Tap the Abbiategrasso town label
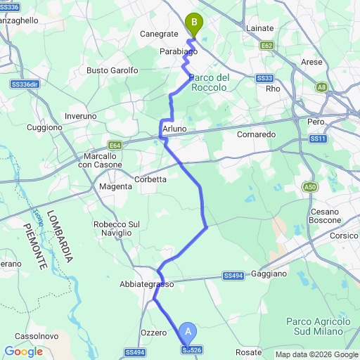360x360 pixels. coord(147,284)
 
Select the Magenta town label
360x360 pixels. coord(115,186)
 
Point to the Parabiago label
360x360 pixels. coord(178,52)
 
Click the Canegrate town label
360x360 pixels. coord(159,33)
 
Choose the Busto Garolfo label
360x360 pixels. coord(112,70)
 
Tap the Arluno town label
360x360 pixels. coord(174,129)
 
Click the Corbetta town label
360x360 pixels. coord(150,179)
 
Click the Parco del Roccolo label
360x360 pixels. coord(209,82)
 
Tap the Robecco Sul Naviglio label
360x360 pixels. coord(112,228)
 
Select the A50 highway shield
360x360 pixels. coord(310,186)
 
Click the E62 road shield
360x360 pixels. coord(266,46)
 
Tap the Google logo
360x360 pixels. coord(23,352)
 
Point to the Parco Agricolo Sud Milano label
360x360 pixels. coord(314,326)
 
